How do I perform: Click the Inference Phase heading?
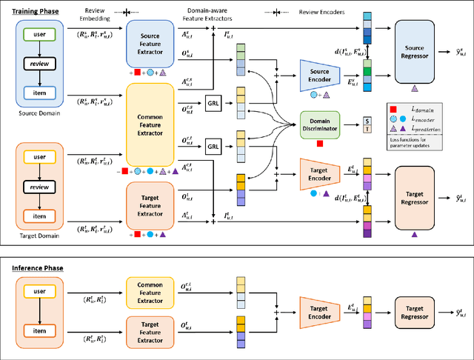(34, 267)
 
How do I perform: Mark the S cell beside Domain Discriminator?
(367, 119)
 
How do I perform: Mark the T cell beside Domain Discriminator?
(367, 129)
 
